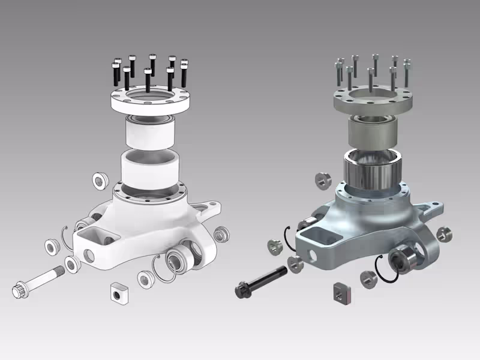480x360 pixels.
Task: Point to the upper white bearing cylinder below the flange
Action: pyautogui.click(x=149, y=131)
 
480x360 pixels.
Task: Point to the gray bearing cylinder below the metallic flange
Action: pyautogui.click(x=372, y=131)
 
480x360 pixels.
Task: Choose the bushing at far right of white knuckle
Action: pyautogui.click(x=222, y=233)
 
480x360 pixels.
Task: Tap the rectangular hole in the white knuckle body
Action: pyautogui.click(x=88, y=232)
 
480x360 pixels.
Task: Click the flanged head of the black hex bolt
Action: pyautogui.click(x=243, y=289)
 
